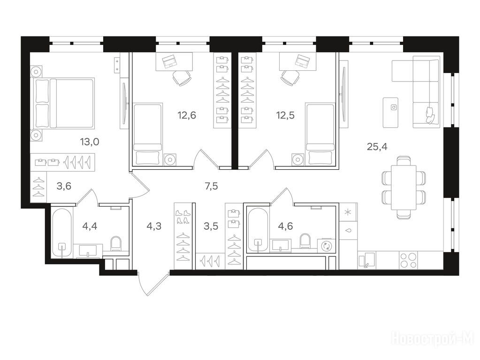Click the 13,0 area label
pos(90,142)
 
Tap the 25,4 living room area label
pos(377,147)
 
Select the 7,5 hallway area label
pos(211,186)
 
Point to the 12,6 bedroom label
pos(187,115)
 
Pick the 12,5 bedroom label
pos(285,115)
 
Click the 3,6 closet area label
pos(64,186)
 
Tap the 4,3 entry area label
pos(154,226)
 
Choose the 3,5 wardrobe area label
pos(211,226)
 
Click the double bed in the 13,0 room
pos(62,103)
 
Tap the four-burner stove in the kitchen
pos(409,261)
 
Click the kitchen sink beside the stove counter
pos(367,261)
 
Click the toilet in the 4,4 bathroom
pos(116,244)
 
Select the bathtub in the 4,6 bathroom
pos(258,230)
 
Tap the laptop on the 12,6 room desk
pos(168,61)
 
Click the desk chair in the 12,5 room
pos(290,77)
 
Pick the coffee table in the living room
pos(390,112)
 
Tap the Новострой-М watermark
pos(433,338)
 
